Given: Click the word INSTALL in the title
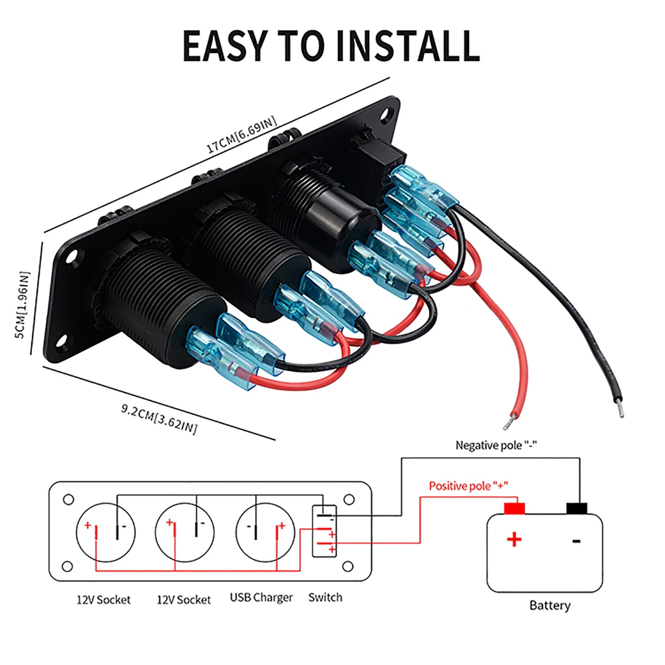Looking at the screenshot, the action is click(408, 46).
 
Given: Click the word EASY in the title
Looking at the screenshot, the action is click(225, 46).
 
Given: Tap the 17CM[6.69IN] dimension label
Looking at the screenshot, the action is click(241, 134).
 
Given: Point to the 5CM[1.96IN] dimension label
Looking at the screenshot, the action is click(23, 305).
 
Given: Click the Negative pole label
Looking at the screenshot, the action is click(496, 446).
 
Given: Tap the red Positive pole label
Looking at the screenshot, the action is click(468, 485).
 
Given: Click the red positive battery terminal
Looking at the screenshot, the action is click(514, 508).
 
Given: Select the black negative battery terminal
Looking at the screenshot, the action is click(577, 508).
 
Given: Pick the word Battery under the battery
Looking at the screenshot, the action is click(550, 605).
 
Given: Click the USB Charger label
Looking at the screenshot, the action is click(261, 598).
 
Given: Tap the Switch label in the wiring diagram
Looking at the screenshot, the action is click(325, 597).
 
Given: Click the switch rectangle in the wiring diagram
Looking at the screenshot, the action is click(325, 531).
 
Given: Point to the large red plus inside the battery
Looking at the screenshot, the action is click(514, 539).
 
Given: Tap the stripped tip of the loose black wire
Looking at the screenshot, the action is click(620, 410).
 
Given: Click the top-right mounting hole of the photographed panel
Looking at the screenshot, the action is click(386, 114).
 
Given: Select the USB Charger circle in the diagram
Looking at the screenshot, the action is click(265, 532).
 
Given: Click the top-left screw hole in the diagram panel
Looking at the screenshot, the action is click(68, 499).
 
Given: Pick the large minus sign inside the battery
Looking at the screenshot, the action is click(577, 541).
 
